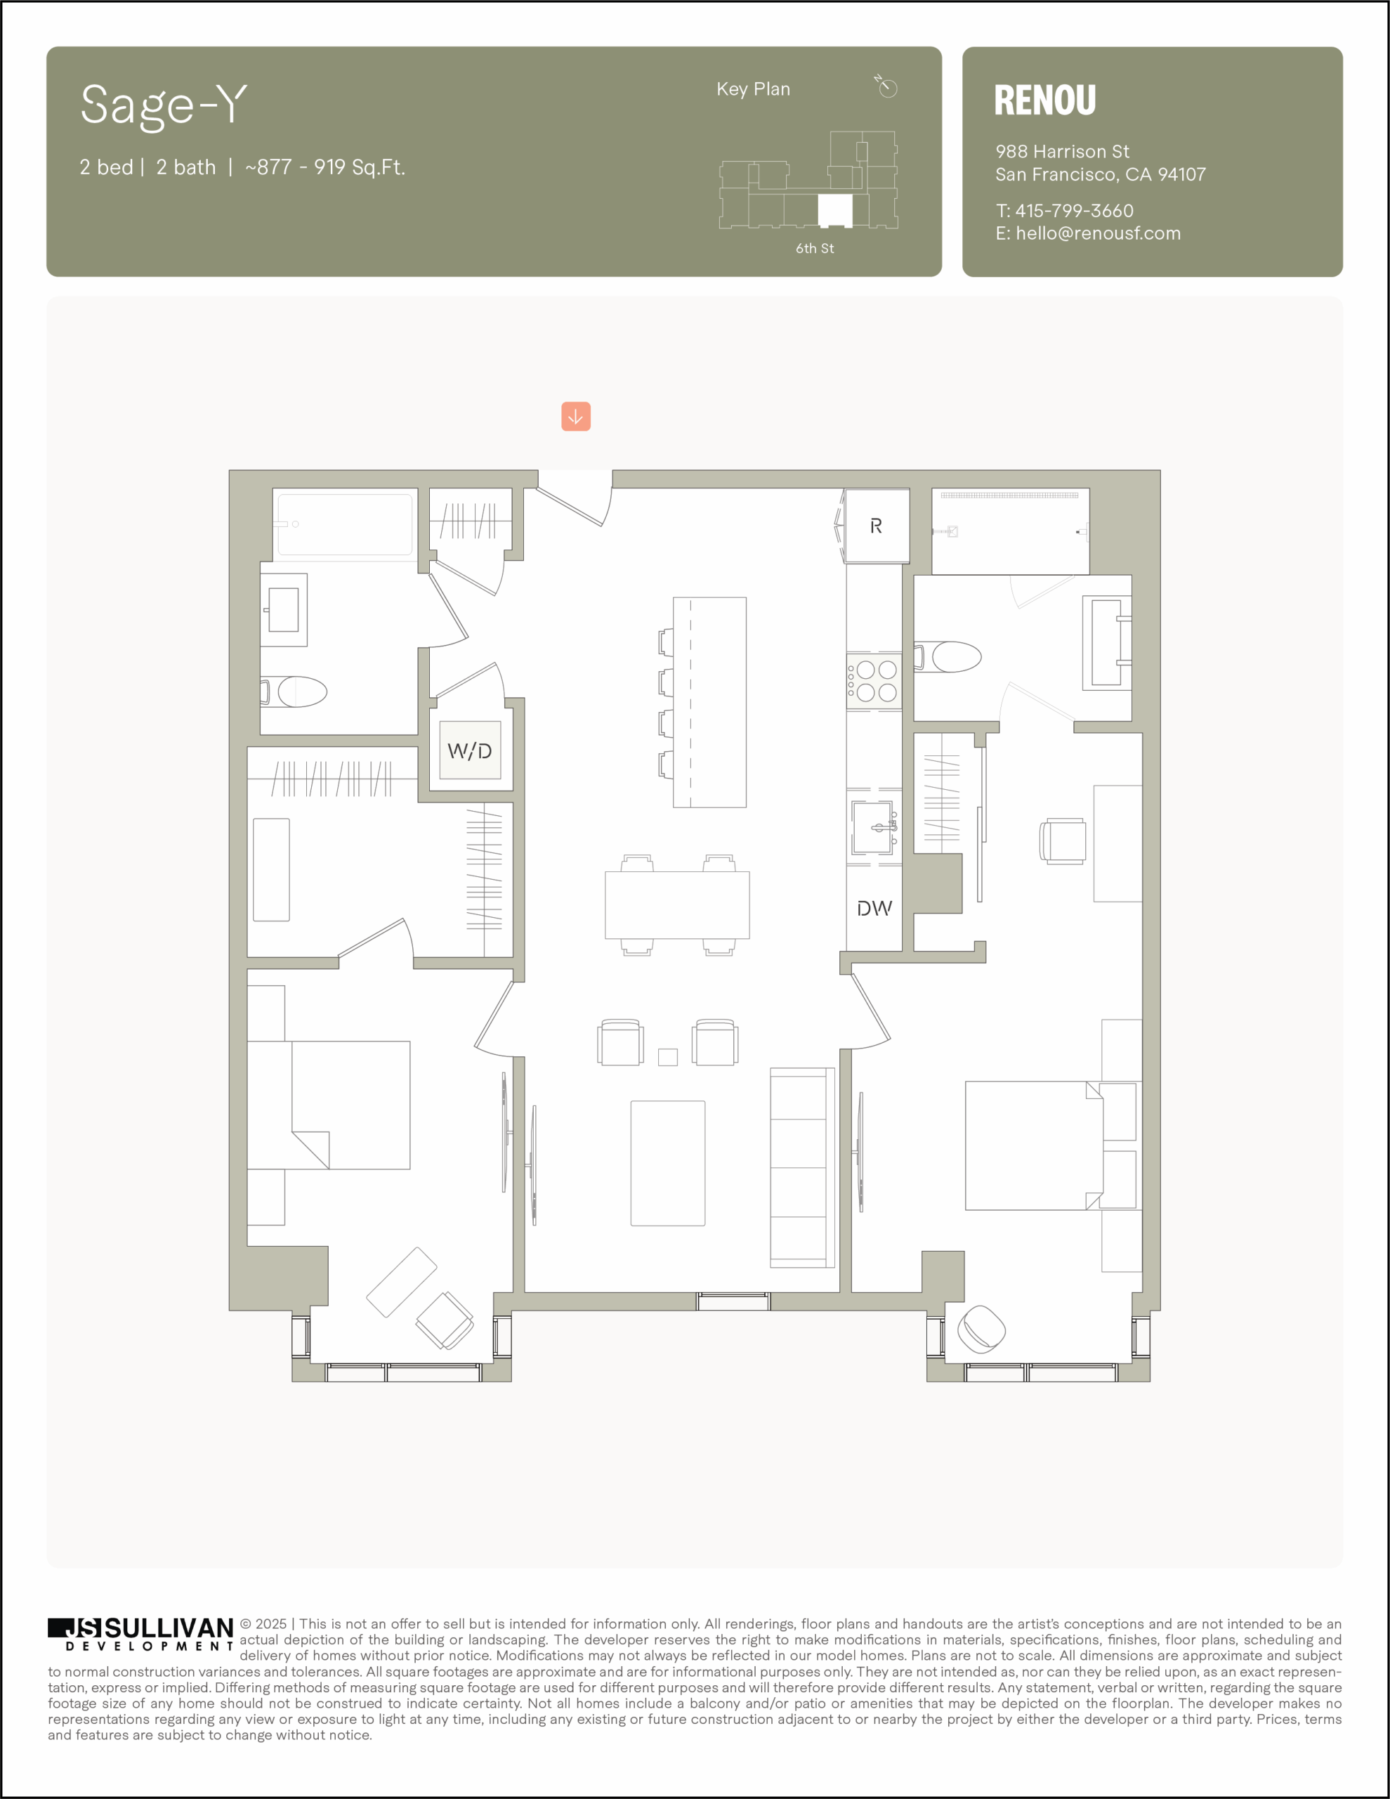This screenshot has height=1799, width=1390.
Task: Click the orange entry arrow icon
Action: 576,416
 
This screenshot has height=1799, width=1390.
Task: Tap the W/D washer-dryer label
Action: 469,751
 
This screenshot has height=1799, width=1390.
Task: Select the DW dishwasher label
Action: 874,909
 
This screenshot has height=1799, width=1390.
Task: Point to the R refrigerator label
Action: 876,526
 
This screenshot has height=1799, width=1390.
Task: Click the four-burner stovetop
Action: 874,680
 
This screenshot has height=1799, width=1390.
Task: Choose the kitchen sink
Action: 874,828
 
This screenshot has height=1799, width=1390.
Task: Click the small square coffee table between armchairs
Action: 668,1057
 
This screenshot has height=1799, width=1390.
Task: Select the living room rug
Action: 668,1163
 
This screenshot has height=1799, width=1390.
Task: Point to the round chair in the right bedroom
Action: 981,1329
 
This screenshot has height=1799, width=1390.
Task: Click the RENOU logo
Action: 1045,100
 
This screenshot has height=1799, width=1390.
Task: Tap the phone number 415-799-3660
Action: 1074,211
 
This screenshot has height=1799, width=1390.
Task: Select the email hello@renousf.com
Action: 1098,233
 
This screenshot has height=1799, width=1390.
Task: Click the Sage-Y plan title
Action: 164,106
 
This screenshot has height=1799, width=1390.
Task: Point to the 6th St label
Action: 814,248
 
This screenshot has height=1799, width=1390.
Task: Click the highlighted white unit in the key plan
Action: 835,211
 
